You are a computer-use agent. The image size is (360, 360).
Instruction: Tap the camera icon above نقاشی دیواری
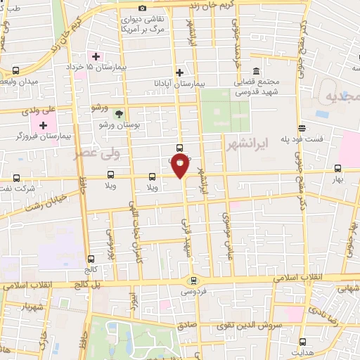[143, 8]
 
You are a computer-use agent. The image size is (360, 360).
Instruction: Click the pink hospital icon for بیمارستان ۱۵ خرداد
[93, 56]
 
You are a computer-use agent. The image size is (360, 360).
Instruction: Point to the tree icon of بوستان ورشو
[118, 113]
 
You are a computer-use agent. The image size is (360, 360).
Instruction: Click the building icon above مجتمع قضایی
[255, 72]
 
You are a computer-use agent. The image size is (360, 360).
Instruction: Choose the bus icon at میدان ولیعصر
[15, 71]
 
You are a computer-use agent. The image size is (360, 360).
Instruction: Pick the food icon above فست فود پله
[302, 128]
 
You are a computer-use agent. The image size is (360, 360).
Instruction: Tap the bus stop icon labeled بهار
[338, 168]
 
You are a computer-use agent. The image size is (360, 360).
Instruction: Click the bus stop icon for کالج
[90, 258]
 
